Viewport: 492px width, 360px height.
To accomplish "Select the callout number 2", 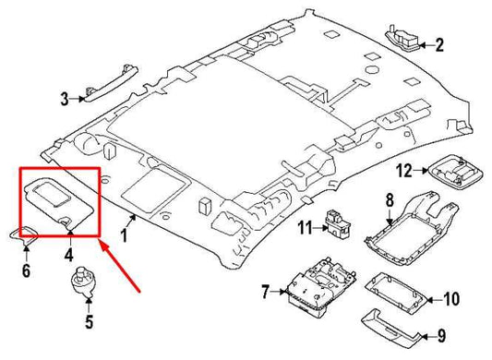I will point(439,44).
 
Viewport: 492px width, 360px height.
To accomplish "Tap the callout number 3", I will point(65,97).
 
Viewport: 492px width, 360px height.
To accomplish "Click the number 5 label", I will point(90,322).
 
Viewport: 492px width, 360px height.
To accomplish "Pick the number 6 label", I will point(26,270).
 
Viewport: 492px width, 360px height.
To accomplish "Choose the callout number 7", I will point(265,293).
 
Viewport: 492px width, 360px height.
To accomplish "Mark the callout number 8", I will point(389,200).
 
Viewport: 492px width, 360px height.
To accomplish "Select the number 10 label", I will point(450,298).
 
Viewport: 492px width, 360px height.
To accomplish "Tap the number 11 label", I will point(303,227).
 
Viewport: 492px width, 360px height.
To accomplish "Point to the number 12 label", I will point(402,170).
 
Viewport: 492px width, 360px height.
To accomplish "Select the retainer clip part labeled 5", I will point(87,287).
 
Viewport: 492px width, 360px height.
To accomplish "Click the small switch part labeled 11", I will point(336,223).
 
